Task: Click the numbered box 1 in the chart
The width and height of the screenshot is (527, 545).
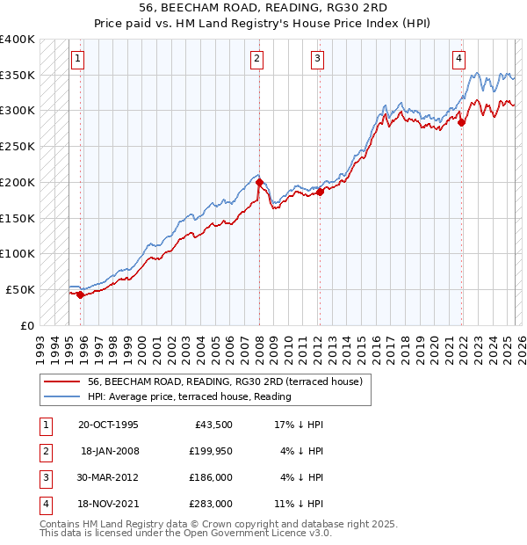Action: (77, 59)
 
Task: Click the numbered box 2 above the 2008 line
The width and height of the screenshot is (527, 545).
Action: (256, 59)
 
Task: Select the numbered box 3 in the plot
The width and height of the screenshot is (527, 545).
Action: (316, 59)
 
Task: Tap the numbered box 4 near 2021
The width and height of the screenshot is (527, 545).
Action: (458, 59)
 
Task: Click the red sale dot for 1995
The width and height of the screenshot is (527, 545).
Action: (80, 294)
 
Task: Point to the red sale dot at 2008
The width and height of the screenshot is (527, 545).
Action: (260, 183)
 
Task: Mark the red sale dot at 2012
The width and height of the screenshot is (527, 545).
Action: (321, 192)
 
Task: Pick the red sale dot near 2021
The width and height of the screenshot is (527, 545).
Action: (462, 122)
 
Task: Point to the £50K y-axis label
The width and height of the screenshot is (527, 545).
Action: (21, 289)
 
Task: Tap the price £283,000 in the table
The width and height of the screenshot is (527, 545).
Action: (211, 504)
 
